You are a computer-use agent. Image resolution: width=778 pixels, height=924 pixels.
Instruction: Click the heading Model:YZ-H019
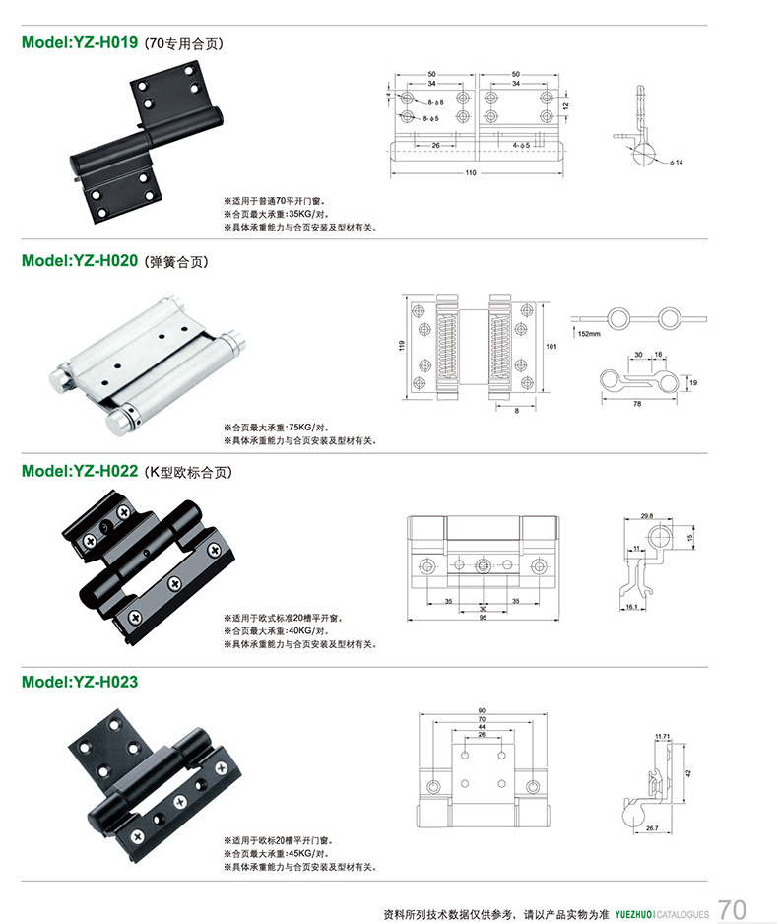(80, 43)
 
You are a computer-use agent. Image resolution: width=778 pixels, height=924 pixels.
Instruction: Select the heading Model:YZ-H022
(80, 472)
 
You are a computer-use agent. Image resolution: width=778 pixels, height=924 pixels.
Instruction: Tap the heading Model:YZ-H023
(80, 681)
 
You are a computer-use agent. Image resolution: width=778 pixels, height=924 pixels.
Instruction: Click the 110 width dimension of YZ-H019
(471, 173)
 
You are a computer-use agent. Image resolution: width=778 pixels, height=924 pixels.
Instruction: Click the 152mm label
(589, 334)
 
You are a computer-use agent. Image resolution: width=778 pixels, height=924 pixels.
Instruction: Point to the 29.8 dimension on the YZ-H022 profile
(646, 515)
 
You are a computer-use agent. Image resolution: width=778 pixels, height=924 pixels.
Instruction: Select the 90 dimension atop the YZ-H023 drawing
(481, 710)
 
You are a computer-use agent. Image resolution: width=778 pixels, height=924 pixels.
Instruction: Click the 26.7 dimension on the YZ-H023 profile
(653, 828)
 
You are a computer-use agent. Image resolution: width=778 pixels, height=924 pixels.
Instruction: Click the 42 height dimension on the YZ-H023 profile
(688, 772)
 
